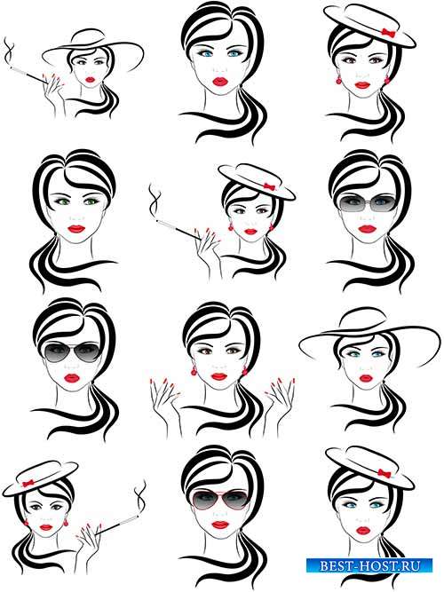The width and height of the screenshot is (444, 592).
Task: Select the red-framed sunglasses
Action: (220, 501)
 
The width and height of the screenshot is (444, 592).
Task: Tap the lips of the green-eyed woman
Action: (76, 228)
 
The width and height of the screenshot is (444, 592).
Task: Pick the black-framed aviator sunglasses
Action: (72, 351)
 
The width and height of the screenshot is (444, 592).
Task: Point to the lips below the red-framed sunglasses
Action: (220, 525)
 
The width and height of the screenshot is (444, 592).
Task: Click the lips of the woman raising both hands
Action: (219, 376)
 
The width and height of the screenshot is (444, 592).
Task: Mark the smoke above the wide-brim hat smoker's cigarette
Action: (9, 52)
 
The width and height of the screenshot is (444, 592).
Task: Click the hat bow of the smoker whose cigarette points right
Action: (28, 483)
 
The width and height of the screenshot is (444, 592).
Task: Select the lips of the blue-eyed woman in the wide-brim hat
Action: (365, 377)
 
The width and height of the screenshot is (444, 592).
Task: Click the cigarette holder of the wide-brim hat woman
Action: (28, 75)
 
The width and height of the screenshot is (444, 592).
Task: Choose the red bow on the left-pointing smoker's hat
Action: (269, 186)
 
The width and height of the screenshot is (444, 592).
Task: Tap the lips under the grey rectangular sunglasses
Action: (366, 228)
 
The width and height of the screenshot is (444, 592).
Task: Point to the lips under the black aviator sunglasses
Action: (72, 377)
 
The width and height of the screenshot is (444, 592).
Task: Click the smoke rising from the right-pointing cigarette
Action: (140, 498)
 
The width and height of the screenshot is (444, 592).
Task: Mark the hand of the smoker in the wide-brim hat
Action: (53, 93)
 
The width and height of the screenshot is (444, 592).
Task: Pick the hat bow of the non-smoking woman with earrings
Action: (388, 33)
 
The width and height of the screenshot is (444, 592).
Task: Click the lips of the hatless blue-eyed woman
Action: (220, 81)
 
